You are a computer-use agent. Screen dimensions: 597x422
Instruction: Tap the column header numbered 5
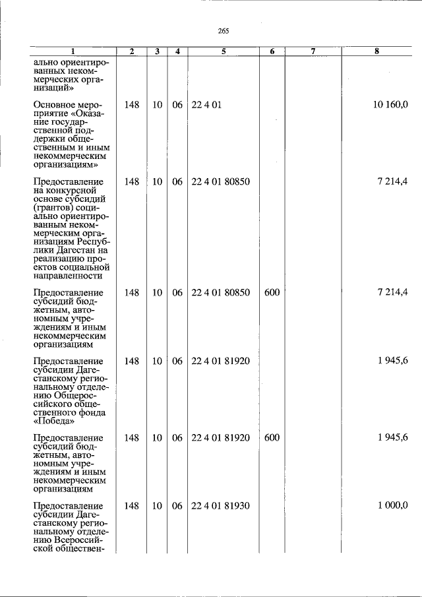224,51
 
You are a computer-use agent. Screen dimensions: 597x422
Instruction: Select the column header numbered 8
377,51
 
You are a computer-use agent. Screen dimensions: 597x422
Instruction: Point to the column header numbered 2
132,51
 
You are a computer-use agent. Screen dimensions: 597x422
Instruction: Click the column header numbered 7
313,51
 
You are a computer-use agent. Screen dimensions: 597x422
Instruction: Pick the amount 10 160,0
390,105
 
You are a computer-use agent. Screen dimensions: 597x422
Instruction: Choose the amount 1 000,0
393,505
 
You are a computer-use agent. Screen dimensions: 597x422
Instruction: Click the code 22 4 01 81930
221,505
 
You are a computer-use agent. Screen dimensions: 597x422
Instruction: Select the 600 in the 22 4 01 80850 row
272,292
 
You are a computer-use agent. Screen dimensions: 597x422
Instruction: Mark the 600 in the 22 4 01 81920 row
272,437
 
